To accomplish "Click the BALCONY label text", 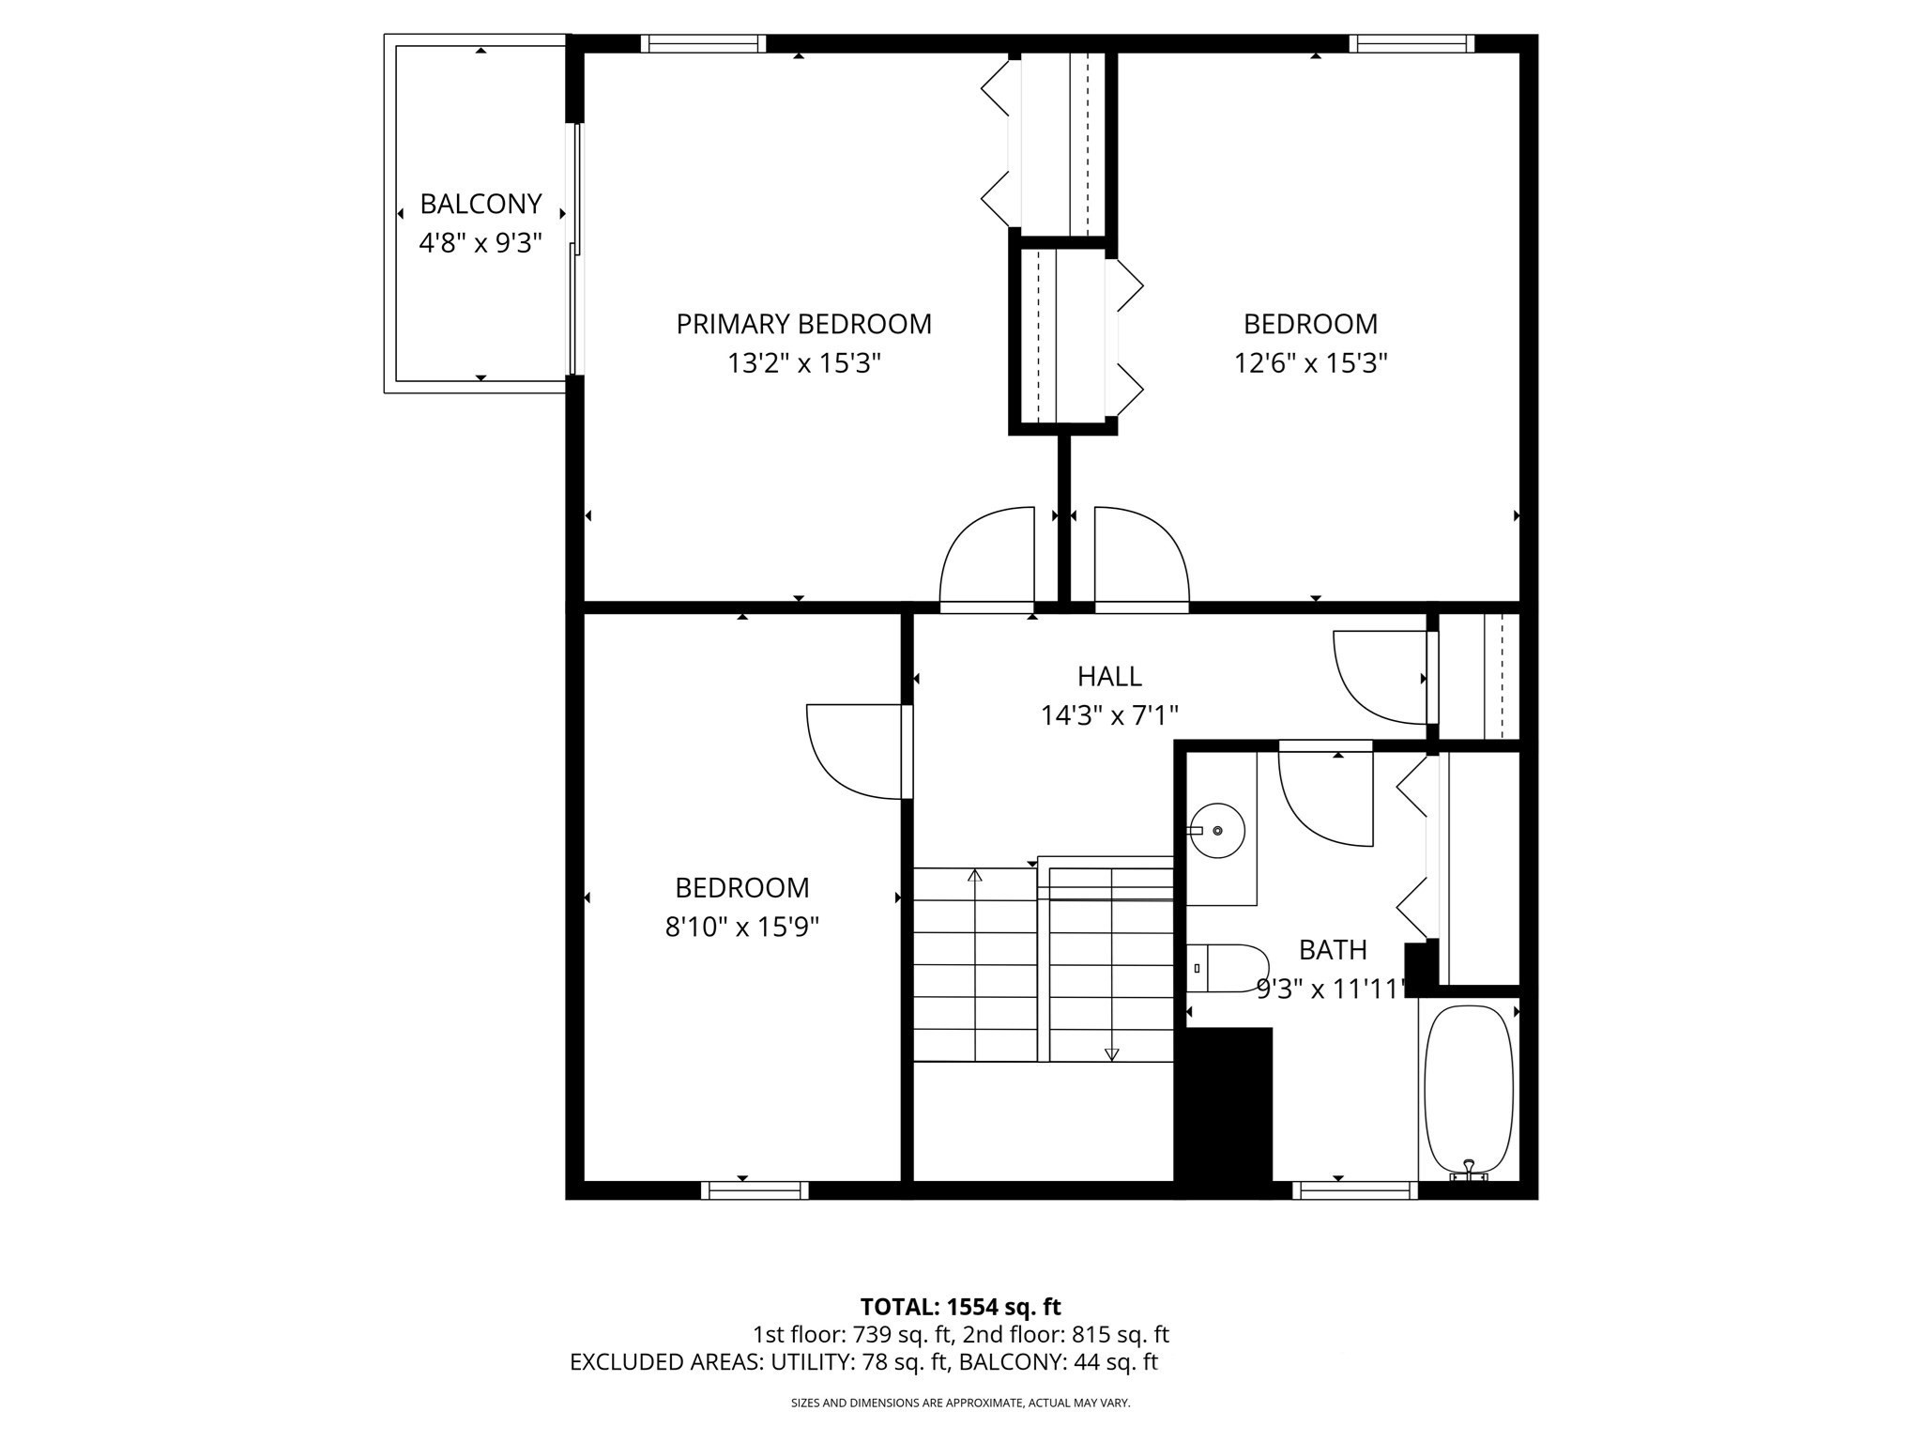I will point(480,204).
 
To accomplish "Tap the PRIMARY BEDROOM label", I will point(803,324).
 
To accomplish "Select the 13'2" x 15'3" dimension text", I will point(803,363).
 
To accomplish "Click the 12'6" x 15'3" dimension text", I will point(1310,363).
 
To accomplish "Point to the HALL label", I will point(1109,676).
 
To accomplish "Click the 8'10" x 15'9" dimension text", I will point(741,928).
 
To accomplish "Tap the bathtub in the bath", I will point(1468,1089).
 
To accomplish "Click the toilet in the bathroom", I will point(1229,968).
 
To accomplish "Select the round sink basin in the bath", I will point(1217,830).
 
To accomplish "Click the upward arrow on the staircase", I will point(975,876).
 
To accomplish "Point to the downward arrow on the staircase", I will point(1112,1053).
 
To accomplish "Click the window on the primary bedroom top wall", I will point(703,43).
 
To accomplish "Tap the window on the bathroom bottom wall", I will point(1354,1190).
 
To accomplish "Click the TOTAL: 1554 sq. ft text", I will point(960,1307).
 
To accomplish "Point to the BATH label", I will point(1333,950).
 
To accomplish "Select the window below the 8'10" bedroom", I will point(755,1190).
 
